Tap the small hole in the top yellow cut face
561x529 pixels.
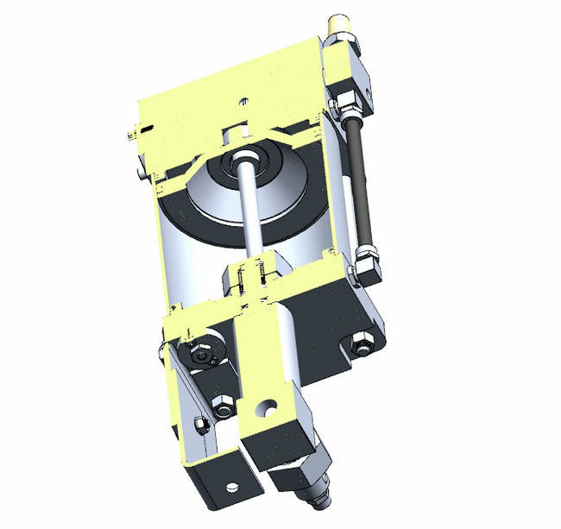click(246, 100)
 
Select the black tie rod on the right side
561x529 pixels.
click(361, 182)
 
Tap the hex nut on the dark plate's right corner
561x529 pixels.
click(360, 347)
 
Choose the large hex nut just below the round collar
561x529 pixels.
click(222, 404)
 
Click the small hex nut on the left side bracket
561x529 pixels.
click(200, 425)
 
